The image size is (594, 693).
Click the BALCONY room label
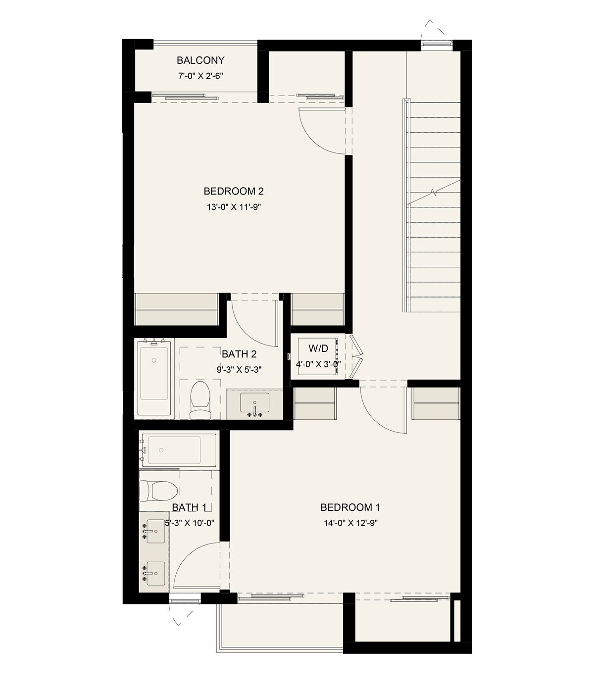click(200, 60)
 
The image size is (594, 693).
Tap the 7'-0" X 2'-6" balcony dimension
click(200, 76)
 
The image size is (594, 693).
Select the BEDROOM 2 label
click(234, 191)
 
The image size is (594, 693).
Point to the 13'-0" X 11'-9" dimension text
click(234, 207)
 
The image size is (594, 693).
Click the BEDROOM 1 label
click(350, 507)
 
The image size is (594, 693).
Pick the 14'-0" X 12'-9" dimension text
click(350, 523)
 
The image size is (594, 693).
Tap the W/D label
click(318, 348)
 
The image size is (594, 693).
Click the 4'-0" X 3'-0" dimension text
click(318, 364)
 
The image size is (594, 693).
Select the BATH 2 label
click(240, 354)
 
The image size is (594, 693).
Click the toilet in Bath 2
click(200, 400)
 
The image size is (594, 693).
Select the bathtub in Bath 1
click(179, 450)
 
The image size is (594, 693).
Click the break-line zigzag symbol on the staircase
click(434, 192)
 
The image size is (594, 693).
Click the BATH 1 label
click(189, 507)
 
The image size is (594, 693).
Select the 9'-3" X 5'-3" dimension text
click(239, 370)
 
